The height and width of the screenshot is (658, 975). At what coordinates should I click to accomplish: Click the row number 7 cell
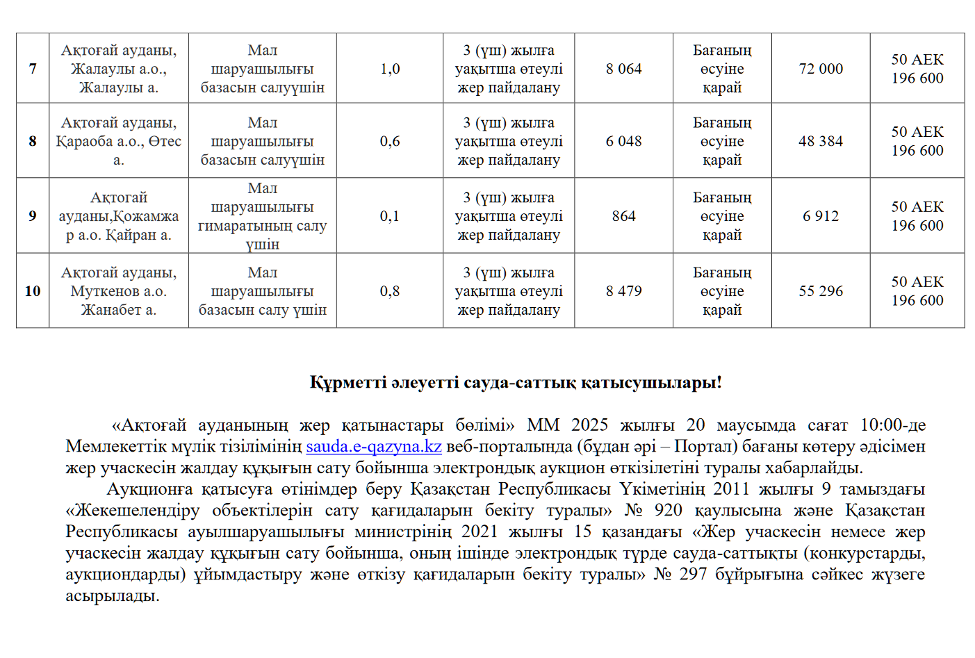(x=33, y=69)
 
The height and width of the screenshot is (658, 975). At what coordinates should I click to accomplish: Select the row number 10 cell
(x=33, y=291)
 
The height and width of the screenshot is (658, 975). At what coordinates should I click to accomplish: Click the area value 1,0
(x=390, y=69)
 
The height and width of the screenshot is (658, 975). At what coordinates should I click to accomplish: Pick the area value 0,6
(x=390, y=141)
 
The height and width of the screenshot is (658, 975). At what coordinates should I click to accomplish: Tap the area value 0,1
(x=390, y=216)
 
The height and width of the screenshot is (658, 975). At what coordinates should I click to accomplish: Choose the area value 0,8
(x=390, y=291)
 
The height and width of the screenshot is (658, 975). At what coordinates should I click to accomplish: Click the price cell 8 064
(x=623, y=69)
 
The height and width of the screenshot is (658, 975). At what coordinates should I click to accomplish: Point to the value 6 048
(x=623, y=141)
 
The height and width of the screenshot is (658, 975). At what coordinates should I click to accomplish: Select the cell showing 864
(x=623, y=216)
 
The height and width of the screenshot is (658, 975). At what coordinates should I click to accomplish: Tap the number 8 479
(x=623, y=291)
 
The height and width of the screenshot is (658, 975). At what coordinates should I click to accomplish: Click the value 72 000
(x=821, y=69)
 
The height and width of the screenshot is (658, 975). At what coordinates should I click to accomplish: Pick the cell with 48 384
(x=821, y=141)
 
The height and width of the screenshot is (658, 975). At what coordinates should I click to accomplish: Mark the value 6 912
(x=821, y=216)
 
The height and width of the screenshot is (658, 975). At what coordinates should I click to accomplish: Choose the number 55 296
(x=821, y=291)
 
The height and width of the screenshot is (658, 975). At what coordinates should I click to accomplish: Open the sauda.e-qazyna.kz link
(x=374, y=446)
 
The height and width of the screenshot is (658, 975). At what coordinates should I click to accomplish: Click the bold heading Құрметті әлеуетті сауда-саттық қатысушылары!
(x=516, y=383)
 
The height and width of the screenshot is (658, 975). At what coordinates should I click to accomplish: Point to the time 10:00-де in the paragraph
(x=892, y=425)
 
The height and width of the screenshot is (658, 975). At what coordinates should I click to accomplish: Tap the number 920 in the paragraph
(x=668, y=510)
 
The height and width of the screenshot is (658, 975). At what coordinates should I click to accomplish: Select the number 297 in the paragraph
(x=693, y=574)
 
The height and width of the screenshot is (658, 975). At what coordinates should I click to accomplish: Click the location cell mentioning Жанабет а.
(x=119, y=291)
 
